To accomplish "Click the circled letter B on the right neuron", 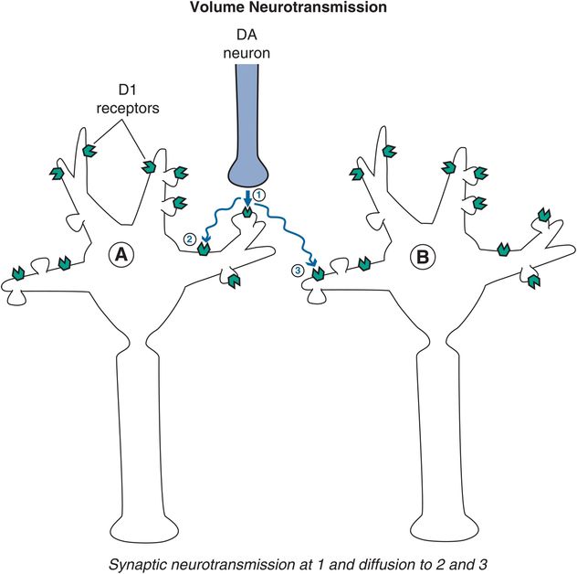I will click(423, 258).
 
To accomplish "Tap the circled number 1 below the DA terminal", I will click(258, 196).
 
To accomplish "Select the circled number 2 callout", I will click(190, 239).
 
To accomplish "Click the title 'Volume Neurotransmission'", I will click(288, 10).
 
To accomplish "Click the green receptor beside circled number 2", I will click(205, 247).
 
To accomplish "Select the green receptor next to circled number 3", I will click(317, 272).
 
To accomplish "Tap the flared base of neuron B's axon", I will click(443, 530).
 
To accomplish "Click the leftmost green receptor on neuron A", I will click(17, 273).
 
